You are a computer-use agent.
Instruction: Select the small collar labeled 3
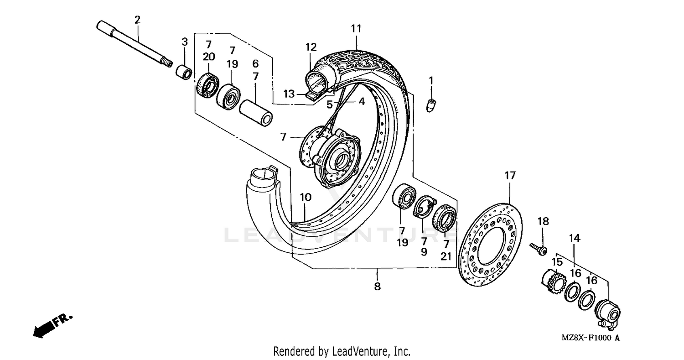pos(184,72)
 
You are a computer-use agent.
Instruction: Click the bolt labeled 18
pos(539,250)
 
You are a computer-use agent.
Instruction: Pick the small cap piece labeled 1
pos(431,104)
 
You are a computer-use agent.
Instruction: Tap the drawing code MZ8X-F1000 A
pos(591,338)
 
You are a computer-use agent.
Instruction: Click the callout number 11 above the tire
pos(356,29)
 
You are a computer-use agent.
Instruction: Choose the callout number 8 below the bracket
pos(377,287)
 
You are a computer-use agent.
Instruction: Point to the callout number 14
pos(574,238)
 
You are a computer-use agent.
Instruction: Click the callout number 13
pos(289,94)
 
